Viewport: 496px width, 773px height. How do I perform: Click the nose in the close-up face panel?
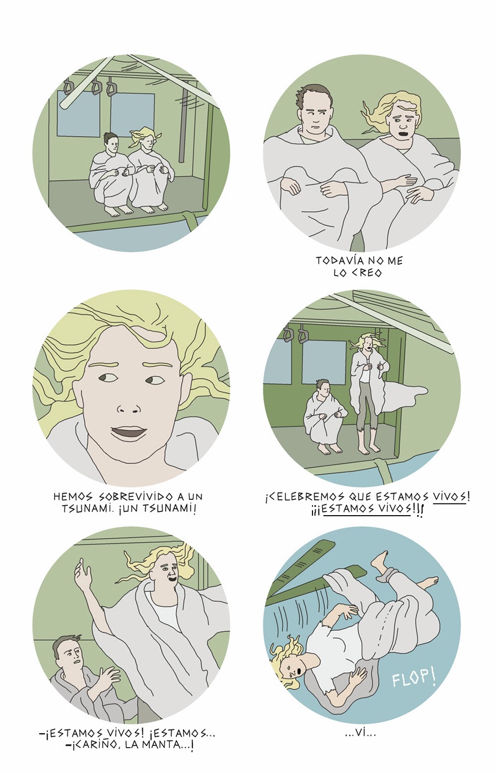click(x=129, y=409)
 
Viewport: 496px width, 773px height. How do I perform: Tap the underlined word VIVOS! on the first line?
click(x=451, y=498)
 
